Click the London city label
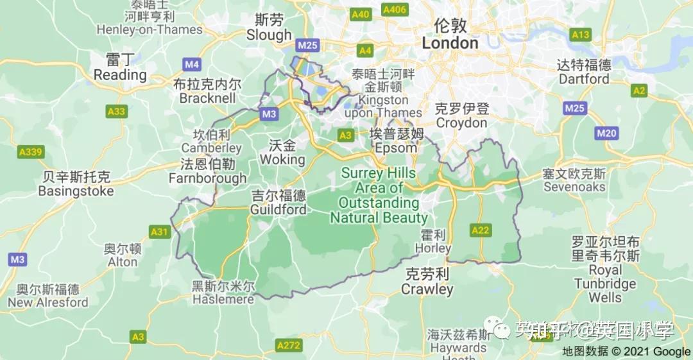pyautogui.click(x=450, y=43)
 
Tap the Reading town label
pyautogui.click(x=120, y=74)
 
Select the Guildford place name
pyautogui.click(x=278, y=210)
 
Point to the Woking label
pyautogui.click(x=282, y=159)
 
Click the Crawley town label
pyautogui.click(x=427, y=289)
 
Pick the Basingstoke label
pyautogui.click(x=76, y=191)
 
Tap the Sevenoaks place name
pyautogui.click(x=574, y=187)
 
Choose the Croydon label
pyautogui.click(x=461, y=123)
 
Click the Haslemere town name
pyautogui.click(x=223, y=300)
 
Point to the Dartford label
pyautogui.click(x=584, y=79)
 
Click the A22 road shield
pyautogui.click(x=481, y=230)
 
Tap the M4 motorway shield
pyautogui.click(x=192, y=64)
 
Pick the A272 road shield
pyautogui.click(x=289, y=346)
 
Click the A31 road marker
pyautogui.click(x=158, y=232)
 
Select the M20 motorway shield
pyautogui.click(x=606, y=133)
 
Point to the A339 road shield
pyautogui.click(x=30, y=152)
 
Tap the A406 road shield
pyautogui.click(x=395, y=10)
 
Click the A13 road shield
pyautogui.click(x=581, y=35)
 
